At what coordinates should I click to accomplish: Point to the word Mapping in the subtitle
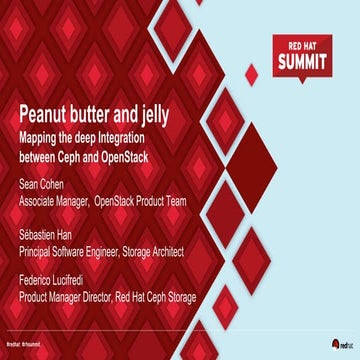tap(43, 134)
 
